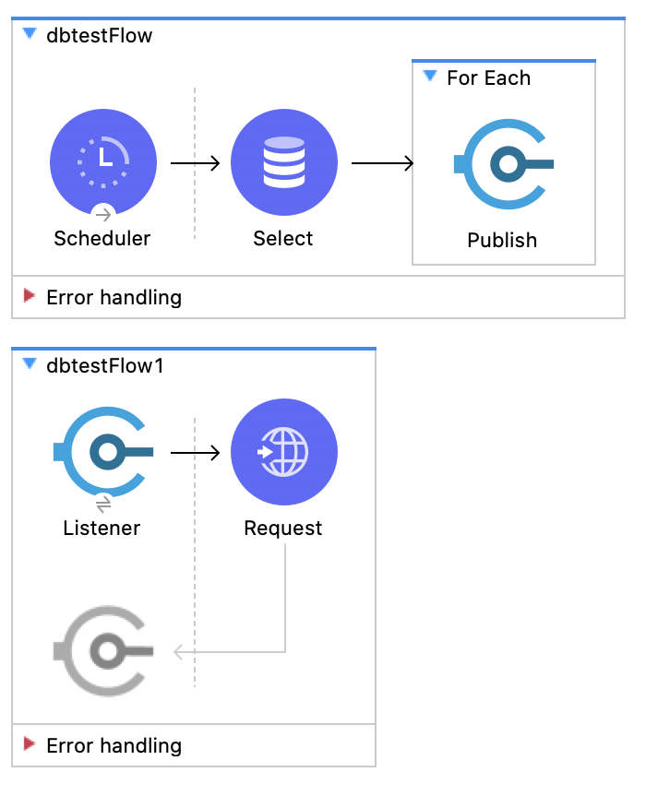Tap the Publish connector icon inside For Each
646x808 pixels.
[x=504, y=164]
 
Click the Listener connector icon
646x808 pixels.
[x=103, y=452]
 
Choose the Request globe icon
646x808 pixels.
[x=283, y=452]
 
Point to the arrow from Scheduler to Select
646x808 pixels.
[x=195, y=164]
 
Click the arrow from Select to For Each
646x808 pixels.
[x=382, y=164]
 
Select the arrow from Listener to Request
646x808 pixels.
[x=195, y=453]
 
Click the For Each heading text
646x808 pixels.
[x=488, y=77]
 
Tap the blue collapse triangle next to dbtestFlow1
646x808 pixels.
[x=30, y=364]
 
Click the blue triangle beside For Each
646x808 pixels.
[x=429, y=77]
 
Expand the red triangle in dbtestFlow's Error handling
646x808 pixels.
[x=30, y=296]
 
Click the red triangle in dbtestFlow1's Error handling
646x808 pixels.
[x=30, y=744]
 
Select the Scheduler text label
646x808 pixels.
[x=102, y=238]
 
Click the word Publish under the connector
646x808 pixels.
[x=502, y=240]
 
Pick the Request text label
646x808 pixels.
[x=283, y=528]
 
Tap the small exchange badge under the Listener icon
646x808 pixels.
[x=103, y=504]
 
